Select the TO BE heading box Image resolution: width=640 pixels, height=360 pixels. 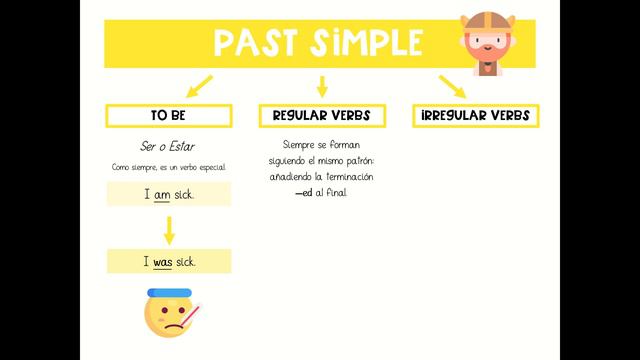tap(168, 116)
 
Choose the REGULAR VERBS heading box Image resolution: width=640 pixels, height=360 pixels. tap(321, 116)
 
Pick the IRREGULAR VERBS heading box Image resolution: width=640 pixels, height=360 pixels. tap(475, 116)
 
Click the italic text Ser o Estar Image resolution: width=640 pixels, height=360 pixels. tap(167, 147)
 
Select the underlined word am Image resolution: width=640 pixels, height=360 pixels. tap(162, 194)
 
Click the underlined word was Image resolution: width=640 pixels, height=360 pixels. tap(163, 262)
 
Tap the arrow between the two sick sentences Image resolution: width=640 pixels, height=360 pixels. tap(169, 229)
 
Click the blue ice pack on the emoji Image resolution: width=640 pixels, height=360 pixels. tap(165, 293)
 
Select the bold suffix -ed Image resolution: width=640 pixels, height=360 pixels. tap(303, 192)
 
